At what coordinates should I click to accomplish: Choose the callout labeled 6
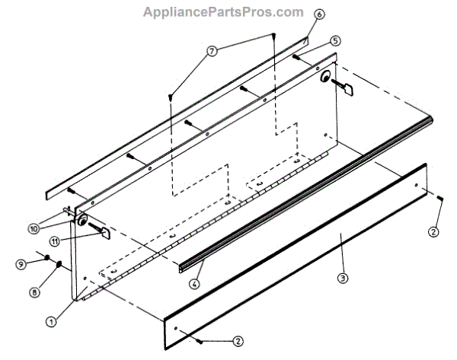pyautogui.click(x=318, y=14)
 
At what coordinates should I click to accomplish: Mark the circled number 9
pyautogui.click(x=24, y=263)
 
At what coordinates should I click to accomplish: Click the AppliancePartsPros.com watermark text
pyautogui.click(x=222, y=13)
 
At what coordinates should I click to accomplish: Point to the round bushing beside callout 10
pyautogui.click(x=81, y=221)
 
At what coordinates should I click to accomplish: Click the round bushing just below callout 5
pyautogui.click(x=325, y=76)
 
